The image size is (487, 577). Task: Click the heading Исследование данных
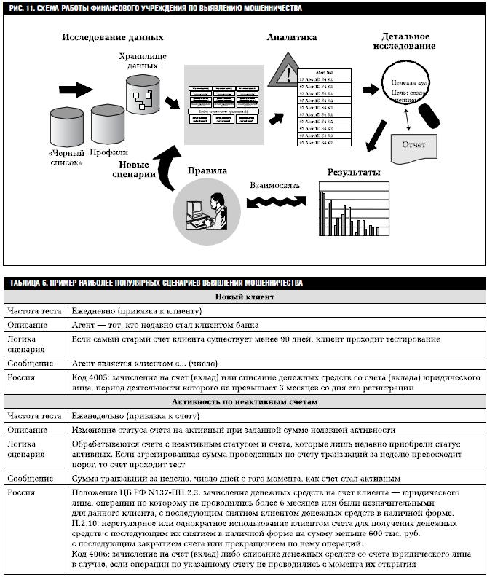pyautogui.click(x=112, y=37)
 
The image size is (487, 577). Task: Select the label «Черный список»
pyautogui.click(x=66, y=157)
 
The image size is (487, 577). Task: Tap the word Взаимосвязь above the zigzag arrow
pyautogui.click(x=273, y=186)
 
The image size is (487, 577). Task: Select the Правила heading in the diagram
pyautogui.click(x=207, y=171)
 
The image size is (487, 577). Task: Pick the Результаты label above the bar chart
pyautogui.click(x=354, y=173)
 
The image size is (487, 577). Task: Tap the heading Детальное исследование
pyautogui.click(x=405, y=42)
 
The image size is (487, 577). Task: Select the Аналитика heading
pyautogui.click(x=291, y=36)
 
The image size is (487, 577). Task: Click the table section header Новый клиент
pyautogui.click(x=244, y=297)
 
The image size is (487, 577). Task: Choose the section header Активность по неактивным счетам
pyautogui.click(x=244, y=401)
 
